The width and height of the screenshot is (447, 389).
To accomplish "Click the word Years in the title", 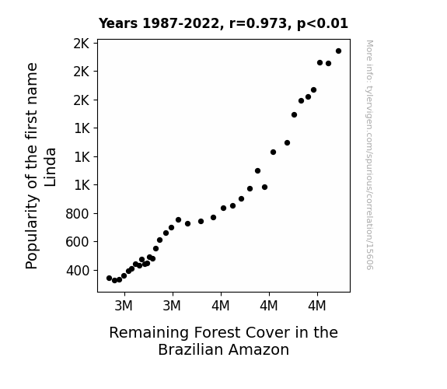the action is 118,23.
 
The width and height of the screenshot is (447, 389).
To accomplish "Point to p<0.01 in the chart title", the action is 323,24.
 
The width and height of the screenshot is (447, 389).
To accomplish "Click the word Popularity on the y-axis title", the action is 32,232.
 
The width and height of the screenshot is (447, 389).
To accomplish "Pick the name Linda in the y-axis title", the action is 51,167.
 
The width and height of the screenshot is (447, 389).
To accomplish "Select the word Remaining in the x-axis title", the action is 148,333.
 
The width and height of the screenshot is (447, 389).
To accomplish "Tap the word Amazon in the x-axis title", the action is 259,349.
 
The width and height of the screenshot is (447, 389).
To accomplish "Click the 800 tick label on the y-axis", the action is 77,214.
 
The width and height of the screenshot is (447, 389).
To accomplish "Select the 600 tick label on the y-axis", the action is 77,242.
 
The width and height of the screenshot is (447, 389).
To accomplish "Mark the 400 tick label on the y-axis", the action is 77,270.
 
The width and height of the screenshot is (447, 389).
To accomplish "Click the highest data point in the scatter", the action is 338,51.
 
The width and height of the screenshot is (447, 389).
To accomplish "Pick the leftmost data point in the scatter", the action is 109,278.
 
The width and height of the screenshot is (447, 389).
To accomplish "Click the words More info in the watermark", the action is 369,60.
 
